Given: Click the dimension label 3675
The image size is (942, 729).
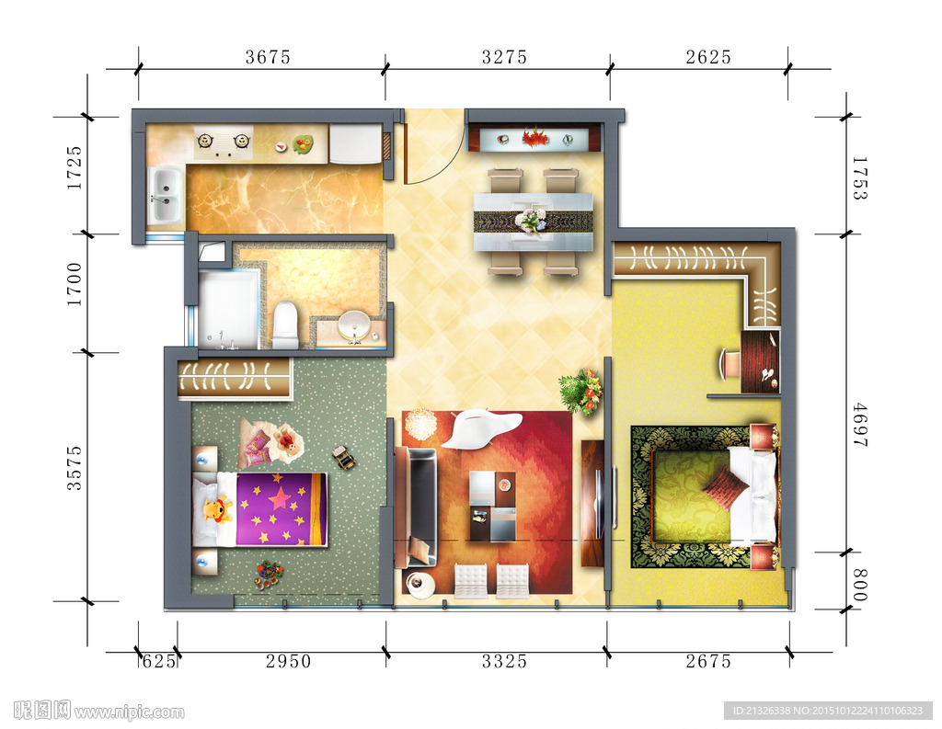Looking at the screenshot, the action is (x=268, y=57).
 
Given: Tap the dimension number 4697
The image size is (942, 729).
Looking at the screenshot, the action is (x=860, y=425).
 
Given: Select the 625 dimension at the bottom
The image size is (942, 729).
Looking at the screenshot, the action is (x=158, y=661).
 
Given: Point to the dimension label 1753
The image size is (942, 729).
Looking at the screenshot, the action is (x=860, y=177).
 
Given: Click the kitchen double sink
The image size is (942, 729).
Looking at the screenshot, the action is (x=165, y=193).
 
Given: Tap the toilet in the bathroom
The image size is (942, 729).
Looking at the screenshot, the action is (x=285, y=325).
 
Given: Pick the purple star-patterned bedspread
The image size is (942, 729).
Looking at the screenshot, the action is (x=281, y=509).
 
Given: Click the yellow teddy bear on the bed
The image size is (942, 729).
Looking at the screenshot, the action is (x=217, y=510).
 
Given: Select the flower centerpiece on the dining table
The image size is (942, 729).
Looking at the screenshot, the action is (x=531, y=220).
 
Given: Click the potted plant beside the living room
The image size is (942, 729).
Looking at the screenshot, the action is (x=580, y=391).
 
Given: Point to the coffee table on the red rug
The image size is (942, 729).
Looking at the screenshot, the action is (x=493, y=507).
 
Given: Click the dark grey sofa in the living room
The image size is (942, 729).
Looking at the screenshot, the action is (x=417, y=507).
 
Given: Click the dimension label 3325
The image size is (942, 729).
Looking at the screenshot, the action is (x=505, y=661).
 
